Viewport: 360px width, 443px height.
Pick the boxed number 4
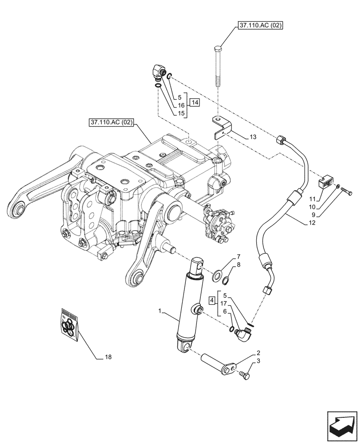212,301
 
